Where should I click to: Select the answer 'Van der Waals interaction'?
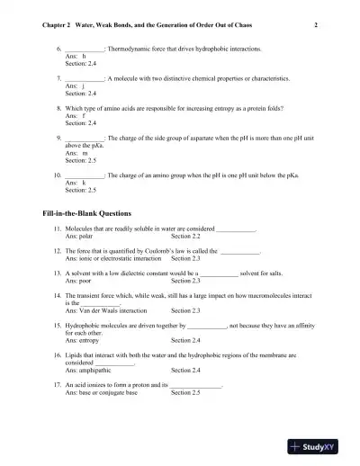pyautogui.click(x=115, y=311)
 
